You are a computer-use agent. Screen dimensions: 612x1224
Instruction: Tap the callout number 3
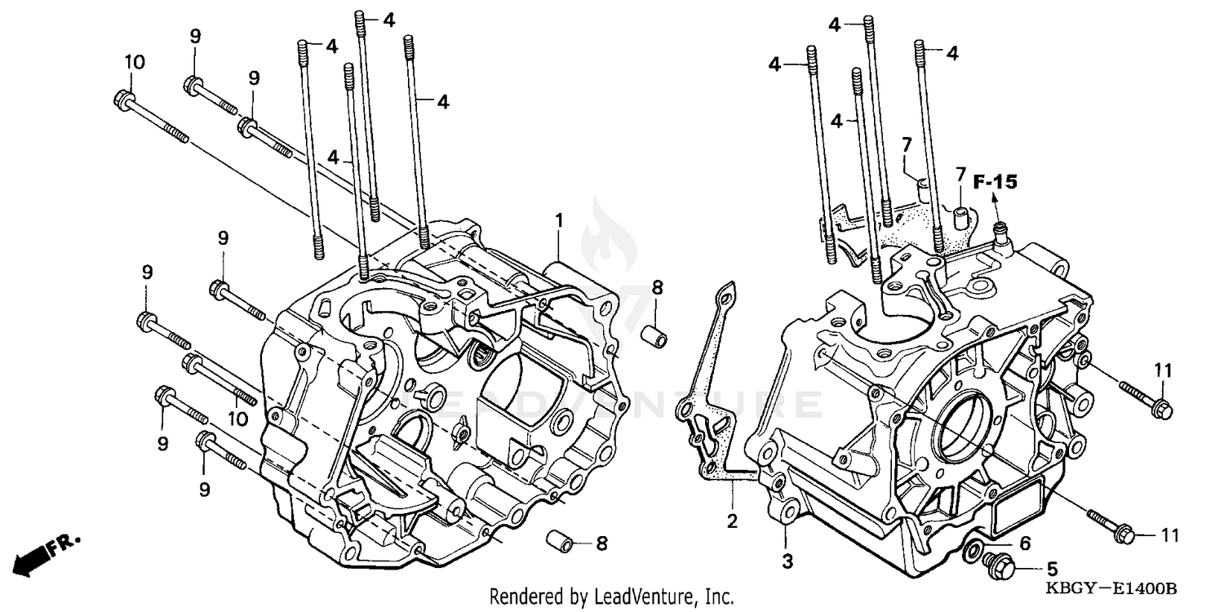click(787, 561)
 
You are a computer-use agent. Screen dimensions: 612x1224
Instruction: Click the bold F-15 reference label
click(995, 182)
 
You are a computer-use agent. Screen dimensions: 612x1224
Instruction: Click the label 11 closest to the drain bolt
click(1170, 535)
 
